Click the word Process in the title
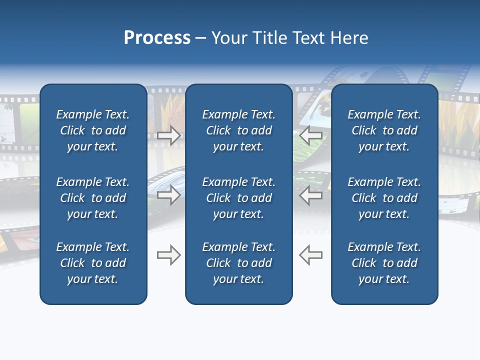coord(157,38)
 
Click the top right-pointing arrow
coord(168,135)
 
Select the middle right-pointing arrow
coord(168,195)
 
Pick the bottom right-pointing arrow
coord(168,255)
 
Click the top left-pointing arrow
coord(311,135)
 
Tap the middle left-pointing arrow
coord(311,195)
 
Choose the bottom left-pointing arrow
coord(311,255)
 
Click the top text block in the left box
coord(93,130)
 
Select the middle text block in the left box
coord(93,198)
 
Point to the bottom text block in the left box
coord(93,263)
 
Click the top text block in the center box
coord(238,130)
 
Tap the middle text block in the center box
coord(238,198)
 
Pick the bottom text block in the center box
coord(238,263)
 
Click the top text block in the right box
coord(384,130)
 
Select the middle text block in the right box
coord(384,198)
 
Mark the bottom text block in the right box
coord(384,263)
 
